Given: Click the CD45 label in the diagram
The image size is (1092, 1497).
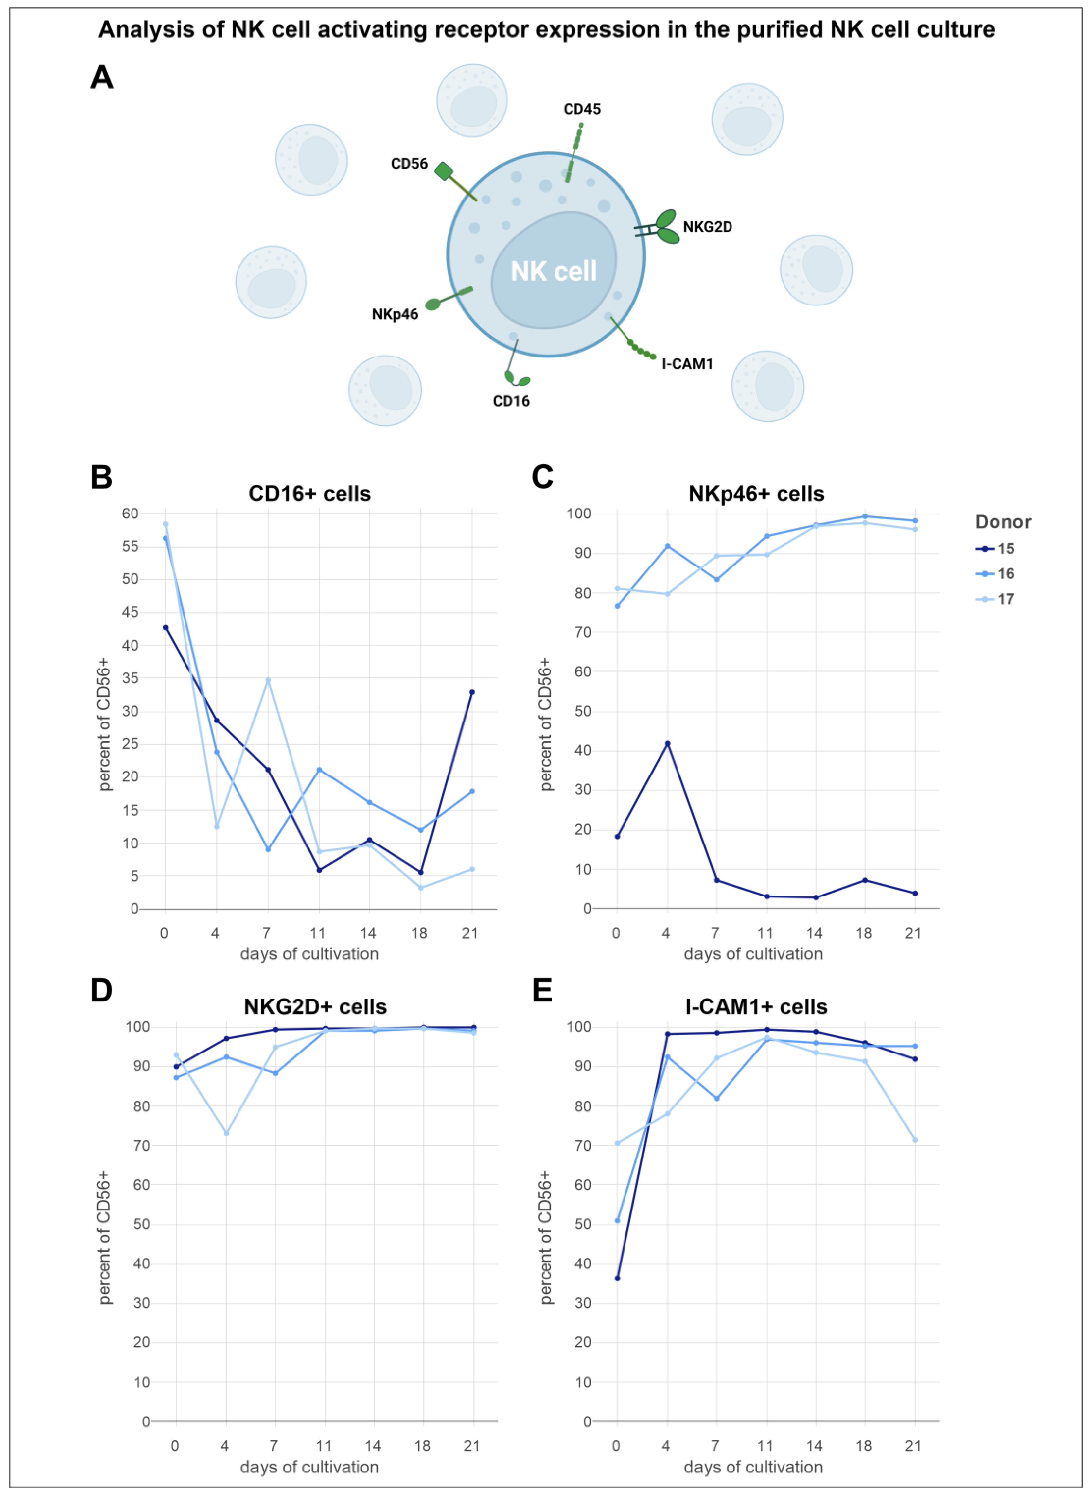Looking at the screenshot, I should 582,109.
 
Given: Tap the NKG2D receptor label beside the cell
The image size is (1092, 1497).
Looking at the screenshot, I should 707,227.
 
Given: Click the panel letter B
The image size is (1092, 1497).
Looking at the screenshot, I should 101,477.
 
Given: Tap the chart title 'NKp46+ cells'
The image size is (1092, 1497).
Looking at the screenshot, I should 756,494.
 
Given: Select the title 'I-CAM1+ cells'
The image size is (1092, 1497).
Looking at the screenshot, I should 756,1007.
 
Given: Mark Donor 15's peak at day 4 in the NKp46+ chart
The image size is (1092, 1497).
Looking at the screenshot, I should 667,743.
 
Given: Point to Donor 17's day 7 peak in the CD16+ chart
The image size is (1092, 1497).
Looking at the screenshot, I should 268,680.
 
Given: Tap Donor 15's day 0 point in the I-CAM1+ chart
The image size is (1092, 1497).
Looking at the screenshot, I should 617,1278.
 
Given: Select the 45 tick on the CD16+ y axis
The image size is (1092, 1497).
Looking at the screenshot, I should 130,612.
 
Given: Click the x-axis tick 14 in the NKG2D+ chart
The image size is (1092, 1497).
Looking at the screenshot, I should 373,1445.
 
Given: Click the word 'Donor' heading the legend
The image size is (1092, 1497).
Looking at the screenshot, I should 1003,522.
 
